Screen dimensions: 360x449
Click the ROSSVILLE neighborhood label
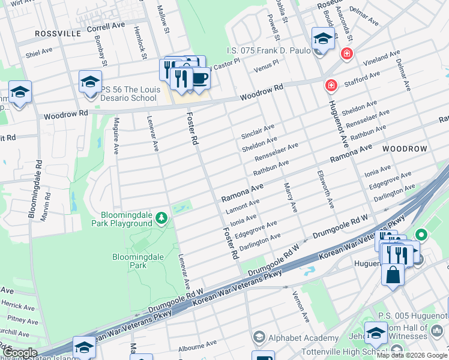(x=58, y=34)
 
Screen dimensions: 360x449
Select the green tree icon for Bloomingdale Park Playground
(x=161, y=217)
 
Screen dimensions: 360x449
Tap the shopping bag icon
(x=393, y=275)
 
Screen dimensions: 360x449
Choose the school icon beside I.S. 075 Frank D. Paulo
(x=322, y=39)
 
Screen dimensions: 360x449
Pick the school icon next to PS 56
(x=90, y=82)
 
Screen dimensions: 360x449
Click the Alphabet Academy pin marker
(x=259, y=336)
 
